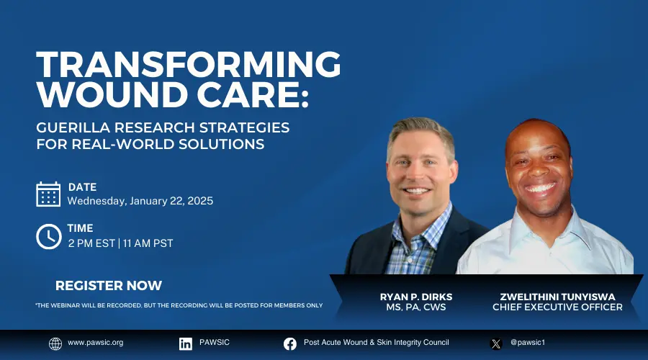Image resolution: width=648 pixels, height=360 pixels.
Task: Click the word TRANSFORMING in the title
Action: point(189,65)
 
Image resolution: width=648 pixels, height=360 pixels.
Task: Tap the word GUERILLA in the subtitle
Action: point(73,127)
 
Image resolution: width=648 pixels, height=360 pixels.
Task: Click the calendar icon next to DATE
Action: point(48,194)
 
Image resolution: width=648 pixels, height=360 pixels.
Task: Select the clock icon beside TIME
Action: point(49,236)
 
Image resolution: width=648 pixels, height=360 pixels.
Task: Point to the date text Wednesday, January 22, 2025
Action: point(140,202)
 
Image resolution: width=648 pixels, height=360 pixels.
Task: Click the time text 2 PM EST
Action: point(91,243)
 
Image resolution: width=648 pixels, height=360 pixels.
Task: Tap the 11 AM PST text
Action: point(148,243)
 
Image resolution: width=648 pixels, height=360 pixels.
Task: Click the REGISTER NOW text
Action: point(109,286)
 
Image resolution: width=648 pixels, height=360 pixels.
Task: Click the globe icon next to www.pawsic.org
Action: point(55,343)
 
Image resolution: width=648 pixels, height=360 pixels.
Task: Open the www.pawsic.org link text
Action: point(96,343)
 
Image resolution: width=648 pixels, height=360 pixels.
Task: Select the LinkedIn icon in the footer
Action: point(186,343)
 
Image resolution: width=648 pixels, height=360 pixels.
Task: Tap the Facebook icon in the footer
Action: point(290,343)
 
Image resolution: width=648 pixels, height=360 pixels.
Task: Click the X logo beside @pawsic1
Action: point(496,343)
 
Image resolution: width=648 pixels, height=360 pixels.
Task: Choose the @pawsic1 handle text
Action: point(528,342)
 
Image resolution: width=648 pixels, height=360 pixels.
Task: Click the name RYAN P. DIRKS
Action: point(416,297)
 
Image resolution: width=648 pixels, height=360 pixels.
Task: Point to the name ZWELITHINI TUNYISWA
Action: point(557,297)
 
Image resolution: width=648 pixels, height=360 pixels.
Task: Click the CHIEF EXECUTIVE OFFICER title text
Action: point(557,307)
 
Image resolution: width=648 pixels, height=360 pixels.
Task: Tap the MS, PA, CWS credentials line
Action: point(416,307)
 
